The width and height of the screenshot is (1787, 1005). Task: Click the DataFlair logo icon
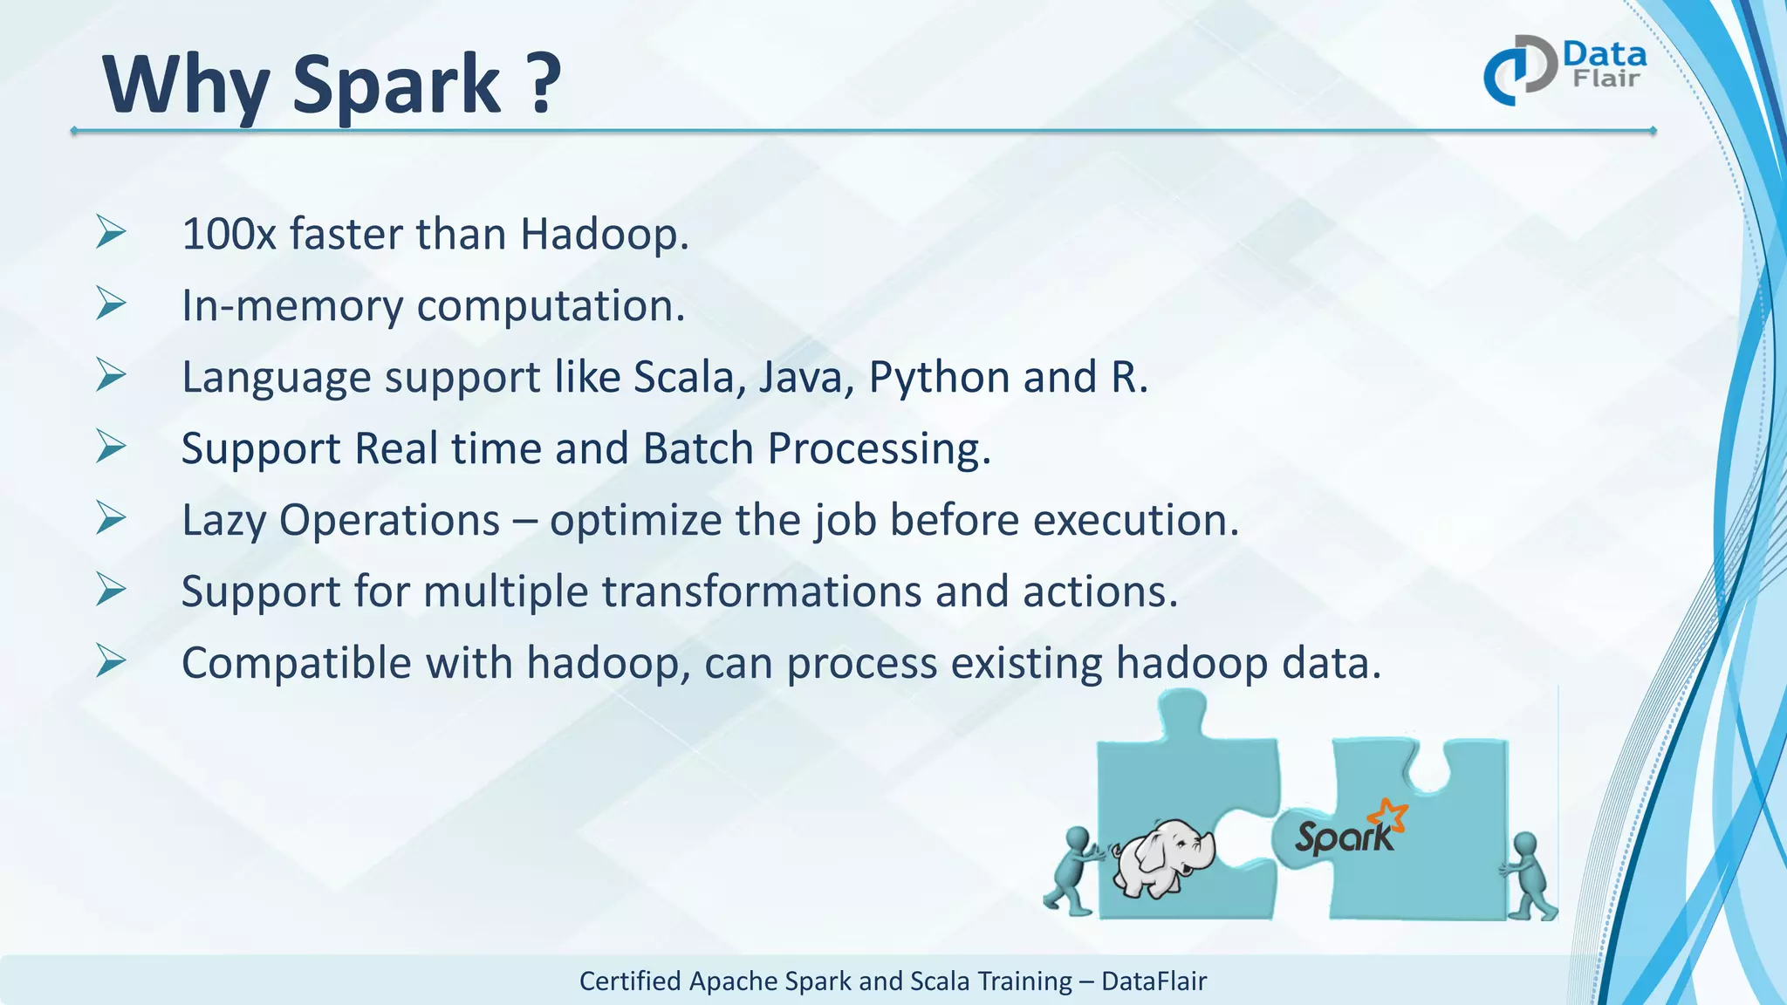(x=1519, y=71)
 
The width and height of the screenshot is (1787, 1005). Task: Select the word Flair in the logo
(x=1606, y=79)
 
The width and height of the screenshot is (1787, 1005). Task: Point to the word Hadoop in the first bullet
(x=604, y=235)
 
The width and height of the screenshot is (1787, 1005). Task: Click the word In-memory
(x=291, y=306)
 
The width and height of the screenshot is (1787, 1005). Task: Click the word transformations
(x=761, y=592)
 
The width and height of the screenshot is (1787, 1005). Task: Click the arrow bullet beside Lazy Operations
(x=111, y=519)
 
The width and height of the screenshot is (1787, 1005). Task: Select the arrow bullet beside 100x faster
(x=111, y=233)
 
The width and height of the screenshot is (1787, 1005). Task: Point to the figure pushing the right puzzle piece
(x=1529, y=876)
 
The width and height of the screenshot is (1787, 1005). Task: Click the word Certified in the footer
(x=630, y=981)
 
